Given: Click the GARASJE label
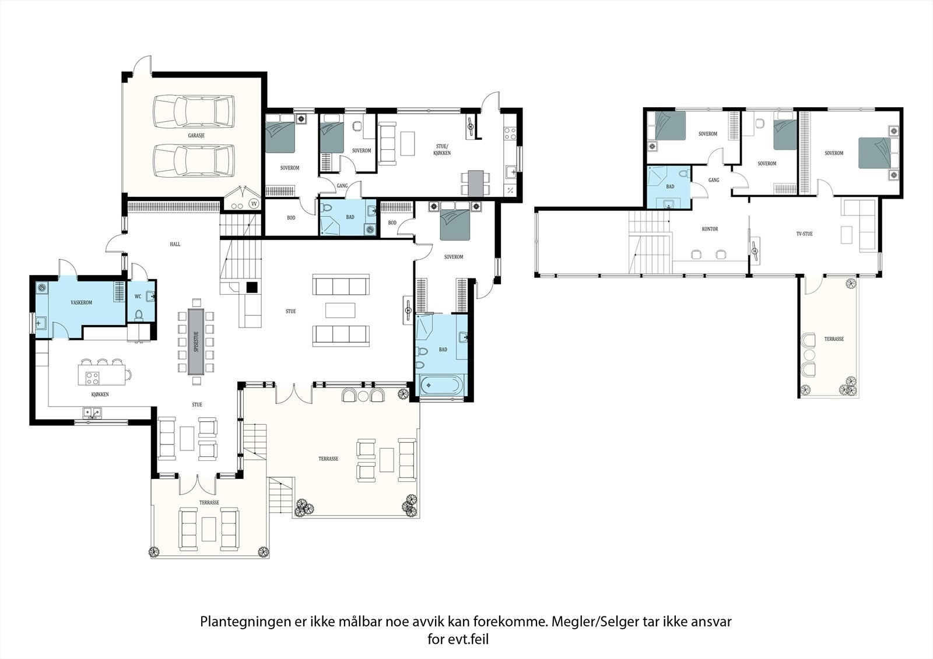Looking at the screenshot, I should (196, 135).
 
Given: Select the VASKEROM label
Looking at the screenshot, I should (81, 302).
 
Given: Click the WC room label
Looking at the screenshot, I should (138, 297).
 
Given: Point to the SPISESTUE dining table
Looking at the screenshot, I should (196, 341).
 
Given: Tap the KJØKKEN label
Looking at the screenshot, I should (100, 394).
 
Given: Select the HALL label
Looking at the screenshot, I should (175, 244).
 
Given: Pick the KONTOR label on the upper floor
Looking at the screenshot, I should (710, 229).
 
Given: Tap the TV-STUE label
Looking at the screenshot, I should (804, 234).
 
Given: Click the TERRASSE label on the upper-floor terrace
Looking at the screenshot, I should (834, 339).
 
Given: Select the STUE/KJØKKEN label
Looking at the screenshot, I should (442, 149).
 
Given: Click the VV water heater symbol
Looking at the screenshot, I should (254, 203).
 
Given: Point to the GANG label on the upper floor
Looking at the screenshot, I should (714, 180).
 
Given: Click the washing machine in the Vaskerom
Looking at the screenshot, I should (41, 287).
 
